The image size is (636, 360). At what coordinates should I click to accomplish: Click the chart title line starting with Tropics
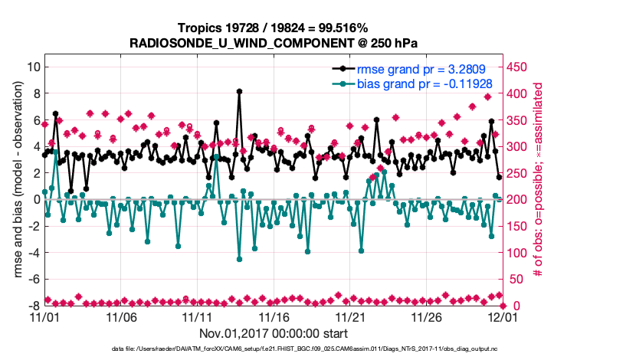point(272,28)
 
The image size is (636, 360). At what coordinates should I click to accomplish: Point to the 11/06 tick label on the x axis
point(120,316)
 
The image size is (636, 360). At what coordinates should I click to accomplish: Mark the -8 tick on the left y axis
point(32,306)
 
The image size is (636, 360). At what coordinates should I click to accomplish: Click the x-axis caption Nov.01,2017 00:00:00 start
point(274,333)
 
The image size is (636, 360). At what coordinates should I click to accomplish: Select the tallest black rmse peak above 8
point(239,91)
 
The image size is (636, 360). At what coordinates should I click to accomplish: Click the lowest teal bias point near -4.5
point(239,259)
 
